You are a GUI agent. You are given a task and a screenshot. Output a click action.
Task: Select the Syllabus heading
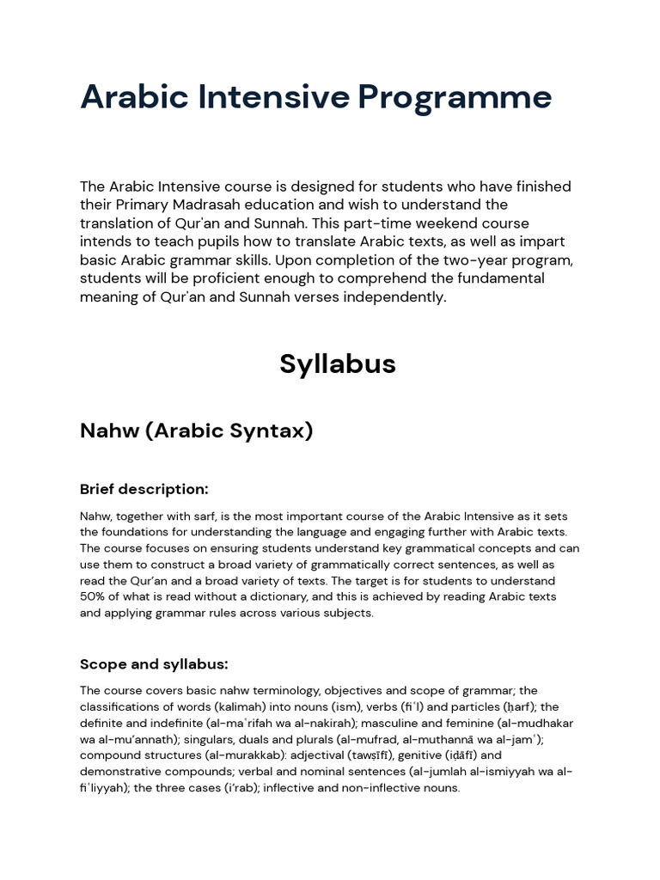(337, 364)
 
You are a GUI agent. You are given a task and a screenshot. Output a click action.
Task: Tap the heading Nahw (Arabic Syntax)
(196, 431)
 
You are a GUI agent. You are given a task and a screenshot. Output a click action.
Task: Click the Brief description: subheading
(144, 489)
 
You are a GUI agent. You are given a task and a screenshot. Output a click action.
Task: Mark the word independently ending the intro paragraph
(394, 297)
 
